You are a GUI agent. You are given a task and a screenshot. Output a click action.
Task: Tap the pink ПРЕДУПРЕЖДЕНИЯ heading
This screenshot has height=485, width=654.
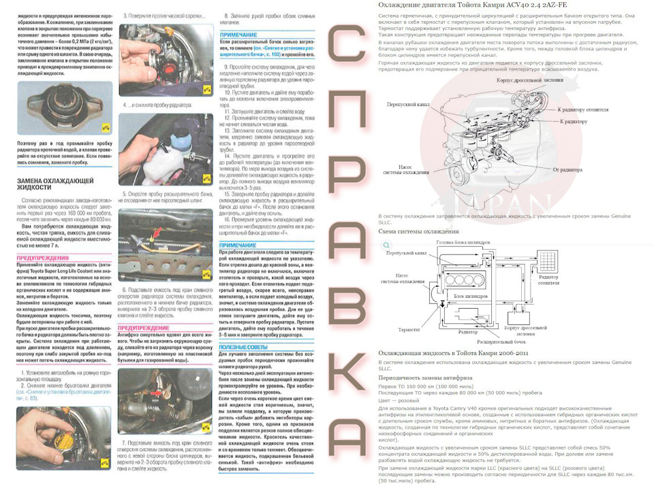[x=42, y=258]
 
